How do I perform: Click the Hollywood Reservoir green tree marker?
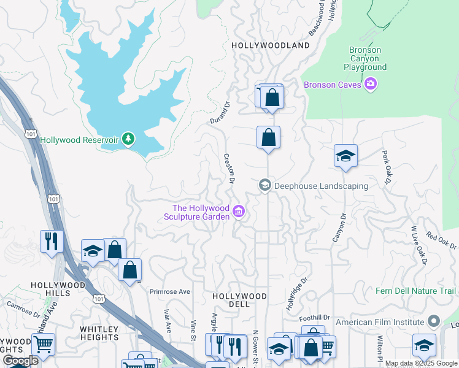pyautogui.click(x=128, y=139)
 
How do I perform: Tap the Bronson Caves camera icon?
pyautogui.click(x=370, y=84)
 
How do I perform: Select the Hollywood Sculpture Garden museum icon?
pyautogui.click(x=239, y=213)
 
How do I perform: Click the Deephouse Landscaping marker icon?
pyautogui.click(x=265, y=185)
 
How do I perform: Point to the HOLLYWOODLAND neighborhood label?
pyautogui.click(x=271, y=46)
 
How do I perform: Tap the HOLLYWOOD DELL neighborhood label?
pyautogui.click(x=239, y=300)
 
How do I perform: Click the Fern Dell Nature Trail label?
pyautogui.click(x=416, y=291)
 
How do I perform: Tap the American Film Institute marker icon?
pyautogui.click(x=434, y=321)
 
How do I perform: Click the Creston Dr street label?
pyautogui.click(x=229, y=169)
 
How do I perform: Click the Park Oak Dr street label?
pyautogui.click(x=387, y=167)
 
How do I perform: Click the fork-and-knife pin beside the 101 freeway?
pyautogui.click(x=50, y=240)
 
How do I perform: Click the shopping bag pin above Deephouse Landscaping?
pyautogui.click(x=268, y=137)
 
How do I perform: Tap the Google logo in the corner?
pyautogui.click(x=20, y=361)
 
